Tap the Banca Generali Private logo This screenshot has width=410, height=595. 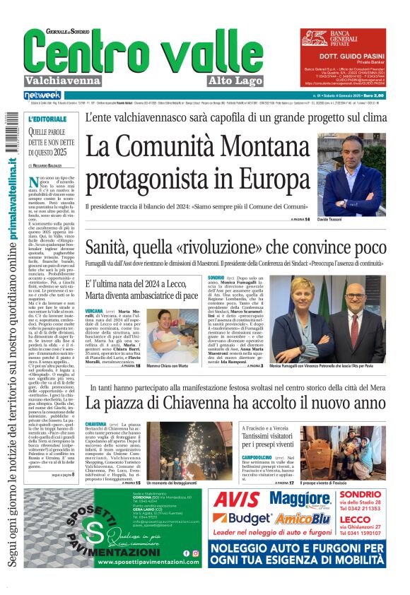click(346, 37)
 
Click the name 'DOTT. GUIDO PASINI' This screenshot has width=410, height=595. click(349, 55)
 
